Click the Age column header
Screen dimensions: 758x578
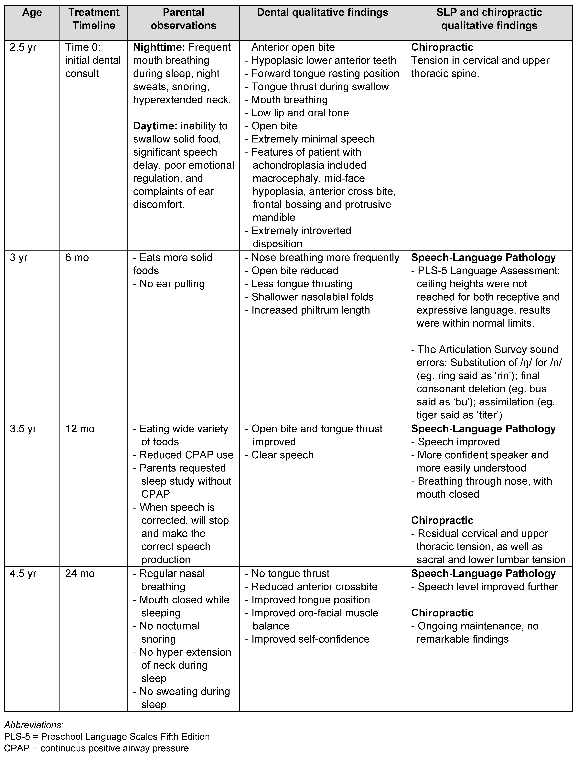coord(32,13)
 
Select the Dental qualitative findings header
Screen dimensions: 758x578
coord(322,13)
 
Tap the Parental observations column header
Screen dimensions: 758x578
coord(183,19)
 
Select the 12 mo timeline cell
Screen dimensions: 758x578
coord(80,429)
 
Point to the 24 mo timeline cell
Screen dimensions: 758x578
coord(80,573)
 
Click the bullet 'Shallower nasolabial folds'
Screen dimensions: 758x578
coord(312,297)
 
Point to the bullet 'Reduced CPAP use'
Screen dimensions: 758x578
coord(186,455)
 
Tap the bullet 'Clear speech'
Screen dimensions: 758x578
coord(282,455)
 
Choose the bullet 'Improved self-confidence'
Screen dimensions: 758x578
coord(310,639)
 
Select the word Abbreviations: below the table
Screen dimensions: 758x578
coord(34,725)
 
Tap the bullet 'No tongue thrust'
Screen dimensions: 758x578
coord(290,573)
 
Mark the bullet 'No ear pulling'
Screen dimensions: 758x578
coord(172,284)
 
